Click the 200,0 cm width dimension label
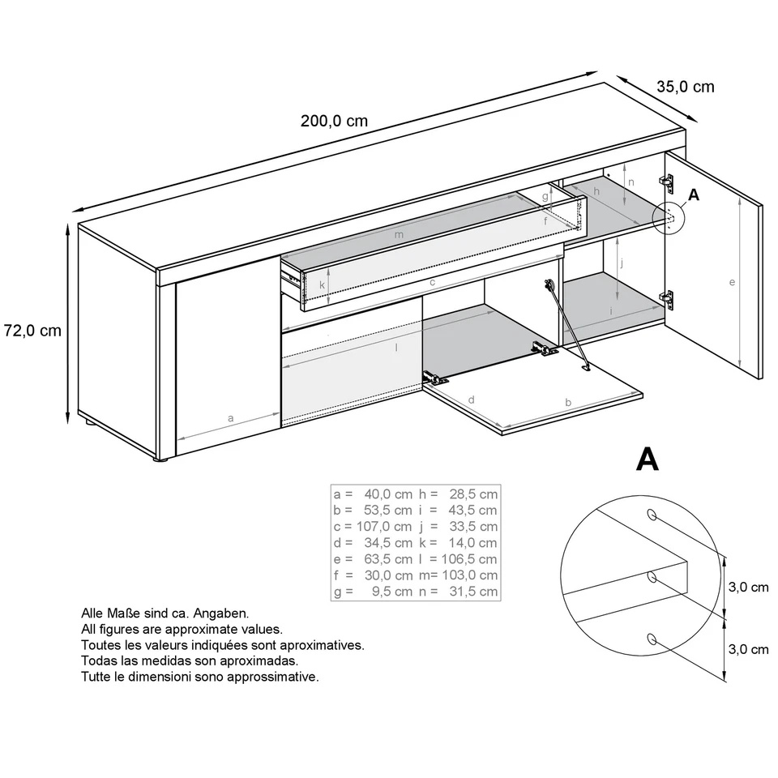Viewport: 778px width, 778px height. point(334,122)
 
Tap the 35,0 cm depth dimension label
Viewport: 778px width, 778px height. point(685,87)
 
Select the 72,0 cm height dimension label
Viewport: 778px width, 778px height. point(32,331)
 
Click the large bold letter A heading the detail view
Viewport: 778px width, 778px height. point(647,460)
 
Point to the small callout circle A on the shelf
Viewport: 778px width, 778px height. point(669,217)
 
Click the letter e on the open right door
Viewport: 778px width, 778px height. point(732,282)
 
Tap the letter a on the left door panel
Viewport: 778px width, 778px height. point(231,419)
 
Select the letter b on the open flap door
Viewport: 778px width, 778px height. point(568,401)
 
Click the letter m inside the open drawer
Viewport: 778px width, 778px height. point(398,235)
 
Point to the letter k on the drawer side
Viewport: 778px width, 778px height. point(322,285)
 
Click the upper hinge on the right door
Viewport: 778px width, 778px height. point(666,182)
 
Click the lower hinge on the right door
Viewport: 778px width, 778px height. point(667,298)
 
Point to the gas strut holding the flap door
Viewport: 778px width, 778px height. point(566,324)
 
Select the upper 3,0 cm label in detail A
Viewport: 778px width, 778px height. point(748,588)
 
